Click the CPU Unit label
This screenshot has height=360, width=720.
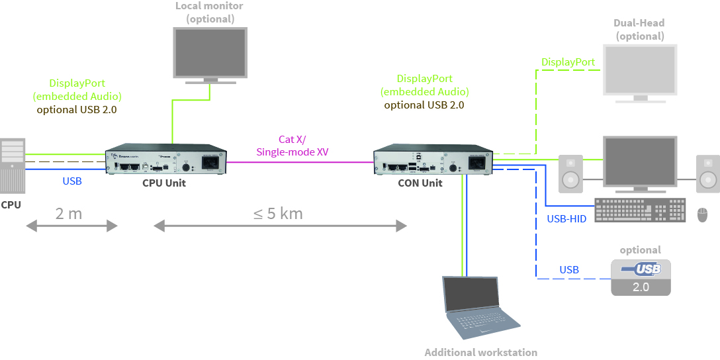[x=164, y=183]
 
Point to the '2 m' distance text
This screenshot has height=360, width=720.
[x=69, y=213]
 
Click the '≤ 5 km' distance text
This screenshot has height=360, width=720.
[x=278, y=213]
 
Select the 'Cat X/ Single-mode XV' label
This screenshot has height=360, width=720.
[x=292, y=146]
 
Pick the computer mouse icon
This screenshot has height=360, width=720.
[x=702, y=214]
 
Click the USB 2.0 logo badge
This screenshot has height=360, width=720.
[x=640, y=277]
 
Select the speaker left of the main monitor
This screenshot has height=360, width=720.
[x=570, y=173]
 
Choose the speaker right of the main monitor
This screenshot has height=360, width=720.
[x=707, y=173]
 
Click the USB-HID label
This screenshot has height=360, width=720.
[x=566, y=218]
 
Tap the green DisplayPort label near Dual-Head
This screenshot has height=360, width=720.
[x=568, y=62]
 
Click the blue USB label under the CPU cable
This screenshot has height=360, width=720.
[x=72, y=181]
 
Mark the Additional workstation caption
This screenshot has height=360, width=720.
[x=480, y=352]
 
